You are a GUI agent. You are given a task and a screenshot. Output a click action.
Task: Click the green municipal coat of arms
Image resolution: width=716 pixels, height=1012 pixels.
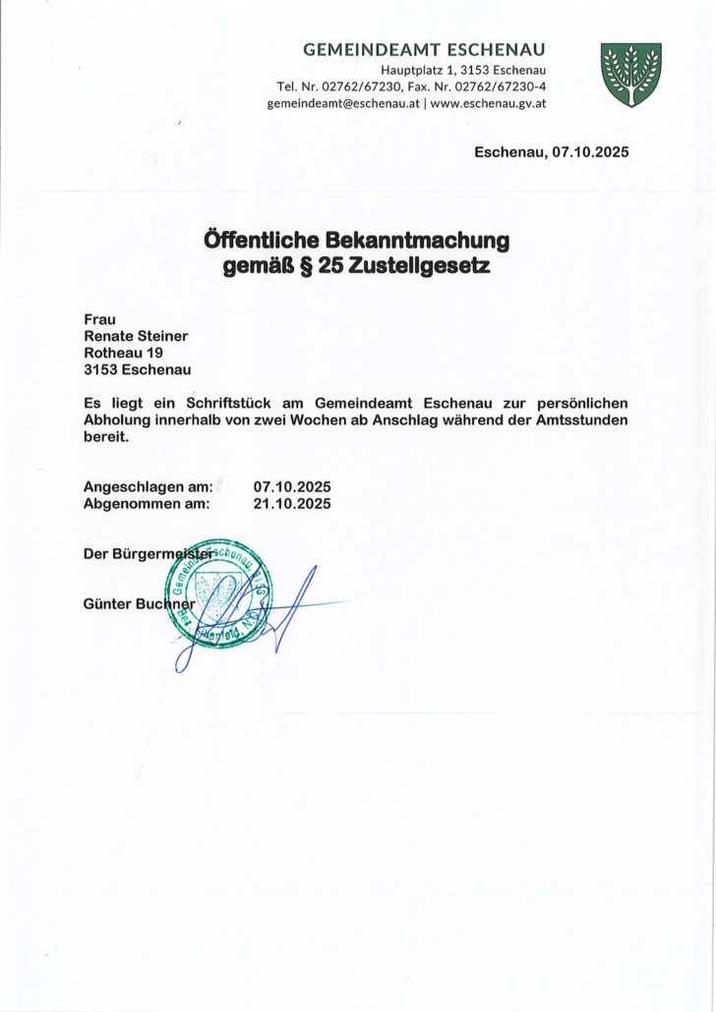tap(630, 75)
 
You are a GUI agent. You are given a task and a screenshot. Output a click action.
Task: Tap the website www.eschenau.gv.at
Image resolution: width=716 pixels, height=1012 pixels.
tap(489, 104)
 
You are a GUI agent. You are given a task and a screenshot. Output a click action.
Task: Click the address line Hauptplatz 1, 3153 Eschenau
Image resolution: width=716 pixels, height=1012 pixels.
tap(463, 70)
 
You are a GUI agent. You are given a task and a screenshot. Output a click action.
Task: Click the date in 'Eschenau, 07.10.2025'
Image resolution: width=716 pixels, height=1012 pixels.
tap(590, 152)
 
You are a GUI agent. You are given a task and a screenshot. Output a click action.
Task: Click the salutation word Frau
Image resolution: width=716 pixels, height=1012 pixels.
tap(100, 318)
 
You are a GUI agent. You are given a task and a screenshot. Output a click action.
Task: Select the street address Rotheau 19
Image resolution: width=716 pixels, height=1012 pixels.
tap(123, 352)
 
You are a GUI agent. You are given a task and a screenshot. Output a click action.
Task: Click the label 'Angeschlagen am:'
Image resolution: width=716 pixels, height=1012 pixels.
tap(149, 486)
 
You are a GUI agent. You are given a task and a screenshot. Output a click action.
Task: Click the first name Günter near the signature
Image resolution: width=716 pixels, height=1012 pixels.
tap(107, 603)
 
